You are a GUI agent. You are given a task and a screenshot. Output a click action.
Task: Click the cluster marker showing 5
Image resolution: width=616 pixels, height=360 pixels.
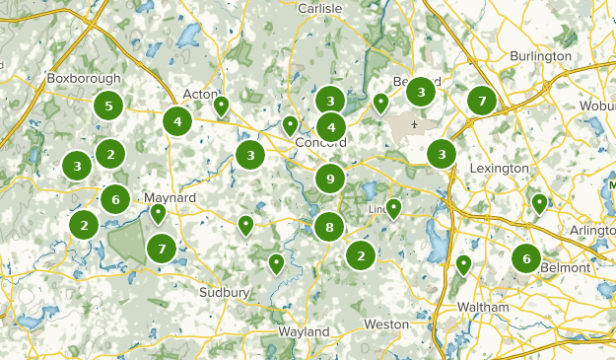tap(108, 106)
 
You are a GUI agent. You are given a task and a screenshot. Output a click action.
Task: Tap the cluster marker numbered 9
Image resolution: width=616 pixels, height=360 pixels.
tap(330, 180)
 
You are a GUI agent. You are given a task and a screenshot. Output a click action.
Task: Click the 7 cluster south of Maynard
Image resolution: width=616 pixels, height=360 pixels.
tap(162, 250)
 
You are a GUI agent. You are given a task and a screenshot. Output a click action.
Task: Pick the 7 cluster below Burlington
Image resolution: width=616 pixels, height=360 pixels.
tap(481, 101)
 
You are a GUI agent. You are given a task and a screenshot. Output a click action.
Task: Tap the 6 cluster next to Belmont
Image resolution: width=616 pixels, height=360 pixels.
tap(526, 259)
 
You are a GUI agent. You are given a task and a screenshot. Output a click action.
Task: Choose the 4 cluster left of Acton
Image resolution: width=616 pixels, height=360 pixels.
tap(177, 122)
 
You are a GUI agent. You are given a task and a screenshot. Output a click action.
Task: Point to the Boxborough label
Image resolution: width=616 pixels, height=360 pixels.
tap(84, 78)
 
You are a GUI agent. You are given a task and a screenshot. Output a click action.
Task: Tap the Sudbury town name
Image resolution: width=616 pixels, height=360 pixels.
tap(226, 293)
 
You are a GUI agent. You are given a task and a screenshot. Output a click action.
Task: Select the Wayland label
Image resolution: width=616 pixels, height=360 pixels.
tap(303, 332)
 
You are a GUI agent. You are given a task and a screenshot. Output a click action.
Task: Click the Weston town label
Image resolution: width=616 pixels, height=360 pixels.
tap(385, 324)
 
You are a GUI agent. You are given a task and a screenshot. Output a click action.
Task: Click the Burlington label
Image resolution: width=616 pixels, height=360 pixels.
tap(540, 56)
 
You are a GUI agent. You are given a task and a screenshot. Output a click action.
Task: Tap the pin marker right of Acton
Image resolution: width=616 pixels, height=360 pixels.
tap(222, 105)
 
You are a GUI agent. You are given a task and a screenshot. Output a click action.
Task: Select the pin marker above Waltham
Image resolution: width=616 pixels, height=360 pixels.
tap(463, 263)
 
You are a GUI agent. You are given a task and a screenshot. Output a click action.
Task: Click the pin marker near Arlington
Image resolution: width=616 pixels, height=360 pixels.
tap(539, 203)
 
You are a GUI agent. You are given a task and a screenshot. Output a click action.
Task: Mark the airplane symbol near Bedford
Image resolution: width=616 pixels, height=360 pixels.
tap(416, 125)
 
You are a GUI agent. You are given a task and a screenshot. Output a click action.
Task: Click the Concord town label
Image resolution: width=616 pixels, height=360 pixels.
tap(320, 143)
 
